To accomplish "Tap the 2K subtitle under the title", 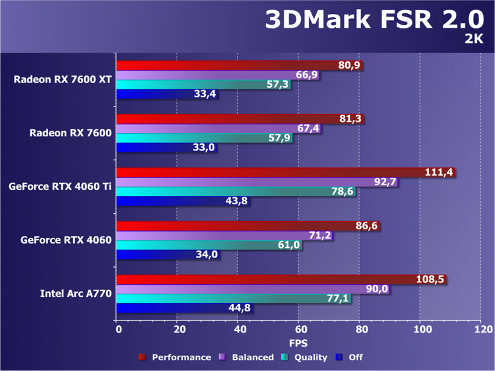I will coord(473,40).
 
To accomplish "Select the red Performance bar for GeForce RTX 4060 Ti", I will coord(267,172).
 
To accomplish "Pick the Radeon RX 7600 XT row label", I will coord(63,79).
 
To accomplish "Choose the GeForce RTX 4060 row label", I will coord(66,240).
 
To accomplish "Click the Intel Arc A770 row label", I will coord(76,293).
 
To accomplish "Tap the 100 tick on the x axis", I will coord(421,330).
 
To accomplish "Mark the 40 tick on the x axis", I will coord(239,330).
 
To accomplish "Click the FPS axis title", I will coord(300,343).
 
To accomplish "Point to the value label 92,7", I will coord(385,182).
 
